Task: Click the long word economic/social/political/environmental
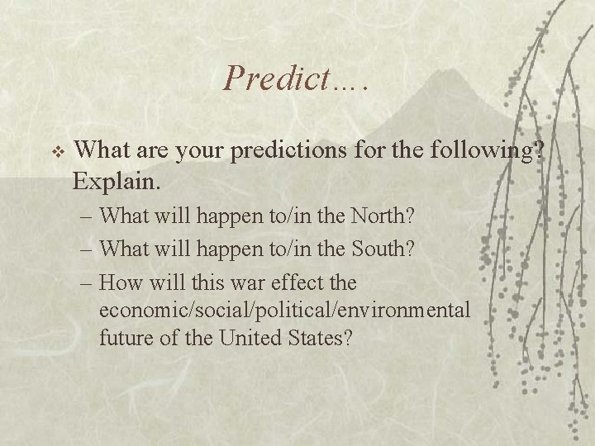coord(284,310)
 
